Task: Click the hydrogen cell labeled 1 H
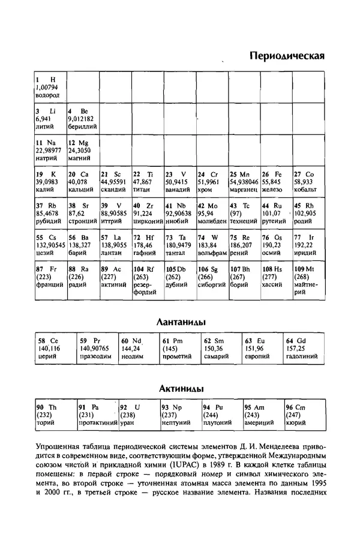coord(50,88)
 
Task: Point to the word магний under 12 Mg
coord(79,159)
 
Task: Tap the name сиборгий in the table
coord(211,285)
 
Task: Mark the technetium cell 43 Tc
coord(244,213)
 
